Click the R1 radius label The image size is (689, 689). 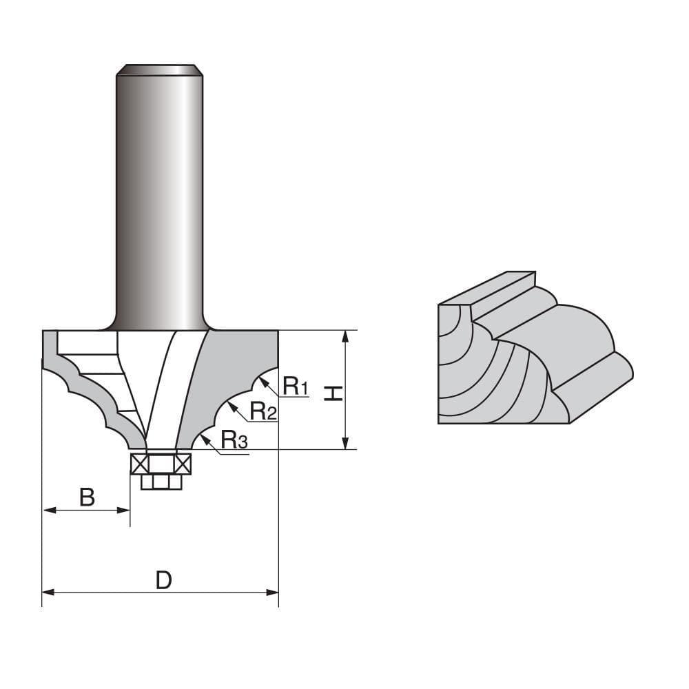click(295, 387)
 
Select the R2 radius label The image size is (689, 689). click(263, 411)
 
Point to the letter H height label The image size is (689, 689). click(333, 393)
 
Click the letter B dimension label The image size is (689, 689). click(87, 496)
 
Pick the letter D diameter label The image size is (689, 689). click(163, 580)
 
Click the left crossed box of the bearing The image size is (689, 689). click(139, 464)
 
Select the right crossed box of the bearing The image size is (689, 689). click(183, 464)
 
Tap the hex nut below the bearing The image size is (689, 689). click(161, 482)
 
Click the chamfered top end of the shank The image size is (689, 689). click(159, 69)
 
